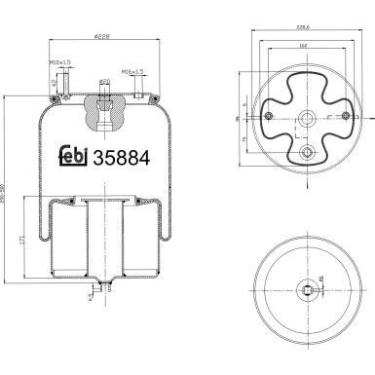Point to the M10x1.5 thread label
point(59,64)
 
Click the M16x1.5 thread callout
point(132,71)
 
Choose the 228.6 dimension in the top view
point(304,30)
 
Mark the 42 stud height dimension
point(51,84)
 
